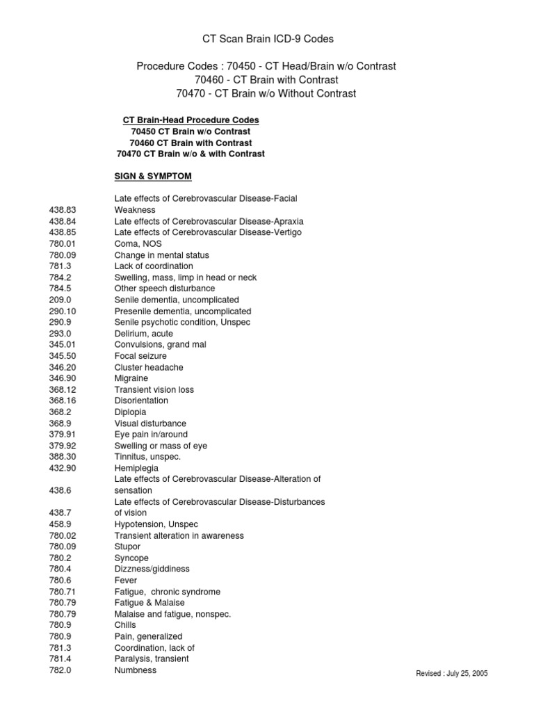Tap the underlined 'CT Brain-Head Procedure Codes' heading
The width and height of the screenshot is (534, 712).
click(191, 120)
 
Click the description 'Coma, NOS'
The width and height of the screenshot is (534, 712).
click(133, 243)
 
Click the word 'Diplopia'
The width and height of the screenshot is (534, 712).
click(131, 412)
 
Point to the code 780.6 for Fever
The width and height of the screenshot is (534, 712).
click(60, 580)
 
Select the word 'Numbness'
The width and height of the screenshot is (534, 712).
click(136, 670)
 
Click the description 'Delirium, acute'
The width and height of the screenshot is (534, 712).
click(143, 334)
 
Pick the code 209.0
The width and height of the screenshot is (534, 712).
click(60, 300)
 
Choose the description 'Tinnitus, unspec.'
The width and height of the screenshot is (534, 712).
click(147, 457)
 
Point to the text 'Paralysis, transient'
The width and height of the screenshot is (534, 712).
click(152, 658)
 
